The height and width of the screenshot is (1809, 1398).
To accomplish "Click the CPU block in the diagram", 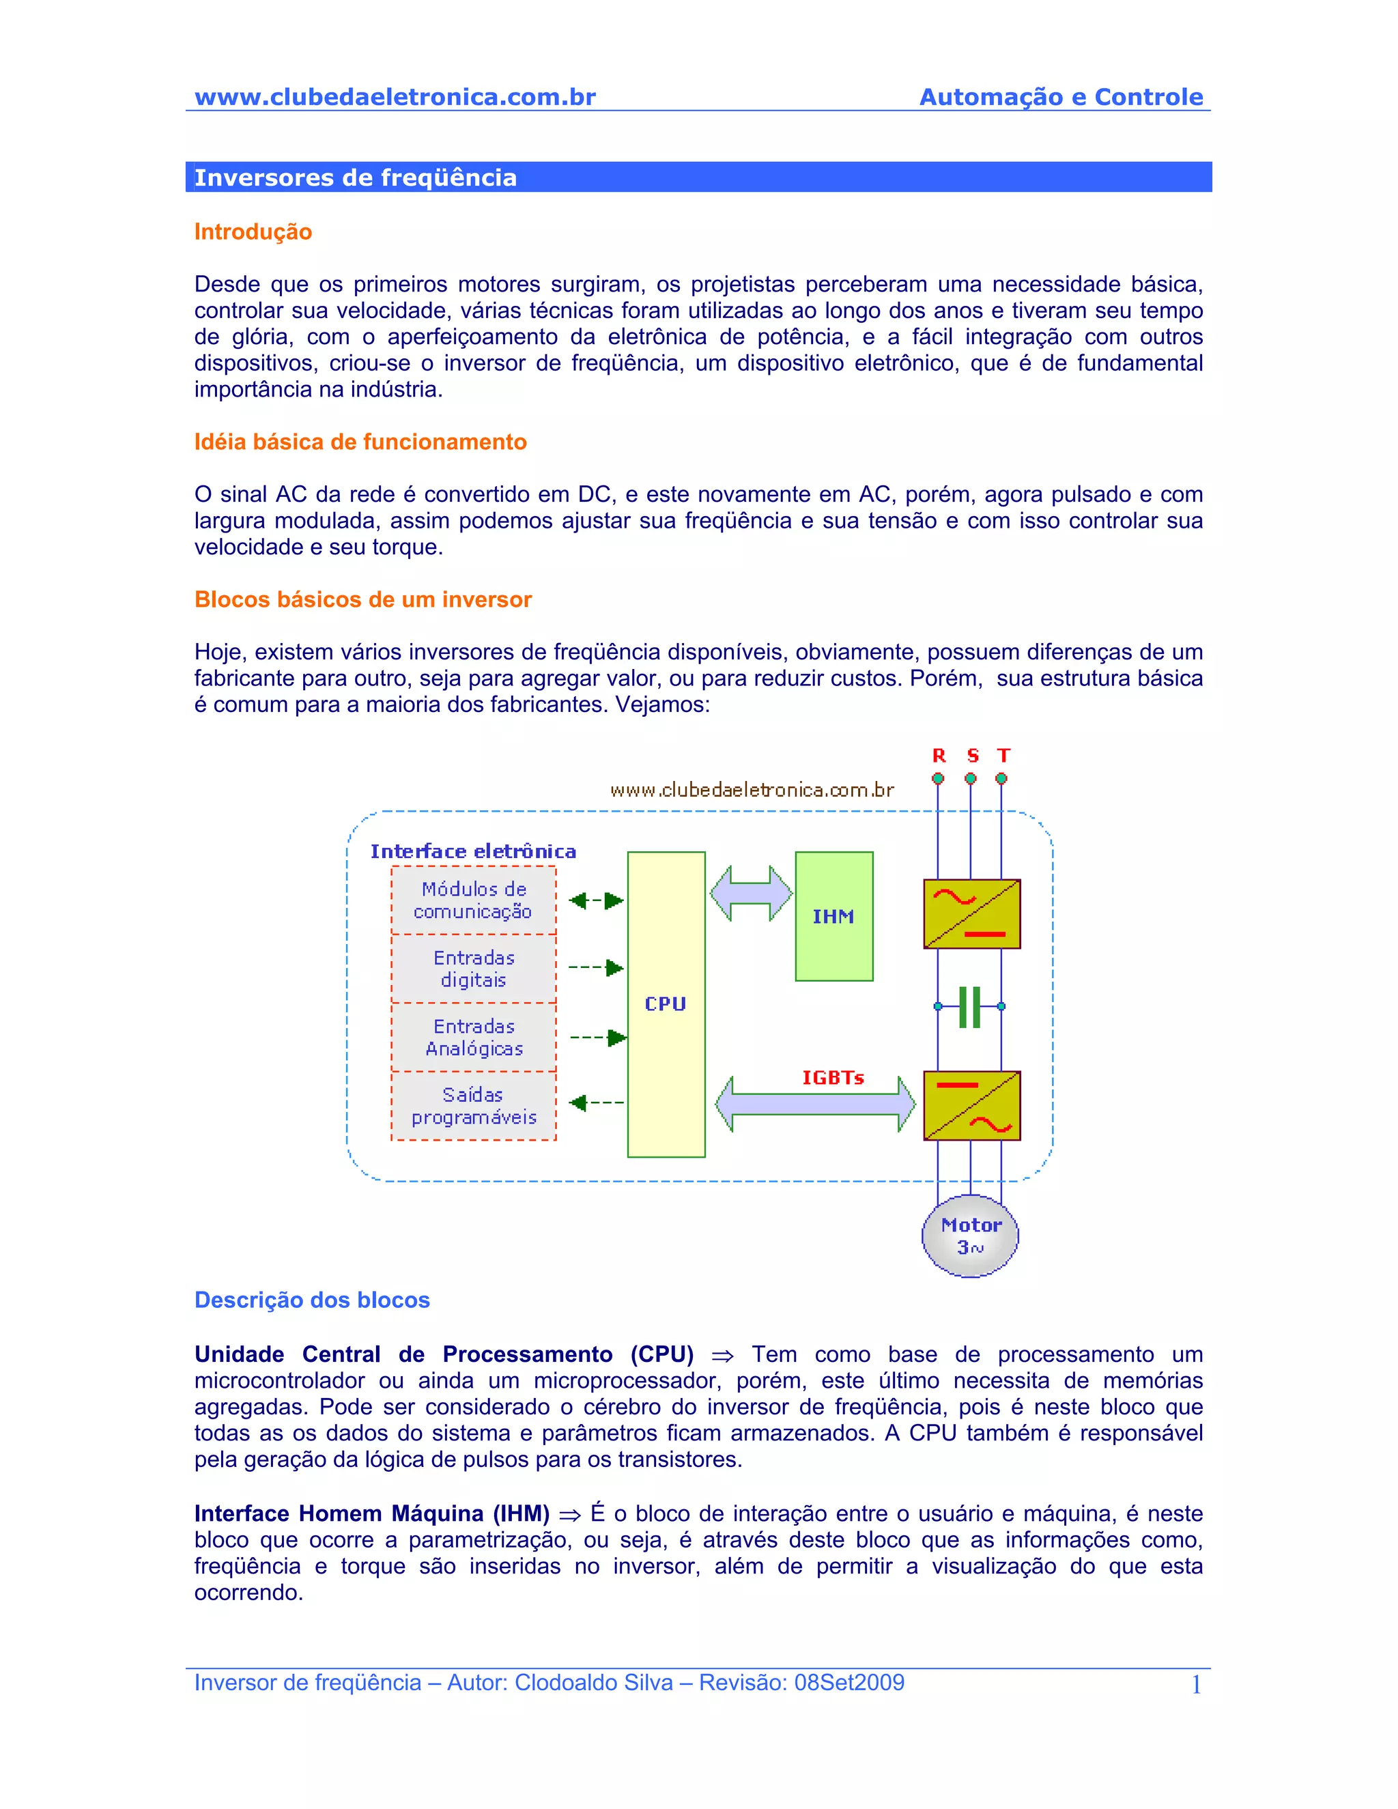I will click(666, 1004).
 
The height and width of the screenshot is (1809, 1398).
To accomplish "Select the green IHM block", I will click(833, 916).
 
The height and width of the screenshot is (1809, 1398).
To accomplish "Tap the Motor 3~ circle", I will click(970, 1236).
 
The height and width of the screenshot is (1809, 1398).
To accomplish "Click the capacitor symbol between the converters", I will click(970, 1006).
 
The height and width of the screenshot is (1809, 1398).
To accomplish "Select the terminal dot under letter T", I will click(1001, 779).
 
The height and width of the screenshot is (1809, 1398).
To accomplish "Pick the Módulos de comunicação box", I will click(474, 900).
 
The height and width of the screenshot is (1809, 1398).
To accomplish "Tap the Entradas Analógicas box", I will click(474, 1037).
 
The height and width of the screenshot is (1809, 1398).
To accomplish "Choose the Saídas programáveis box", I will click(474, 1106).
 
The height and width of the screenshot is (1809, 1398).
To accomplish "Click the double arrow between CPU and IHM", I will click(751, 893).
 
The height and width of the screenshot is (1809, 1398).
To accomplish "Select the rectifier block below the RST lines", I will click(971, 913).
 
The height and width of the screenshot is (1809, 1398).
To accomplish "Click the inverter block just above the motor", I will click(971, 1106).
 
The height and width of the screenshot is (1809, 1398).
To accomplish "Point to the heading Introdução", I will click(253, 232).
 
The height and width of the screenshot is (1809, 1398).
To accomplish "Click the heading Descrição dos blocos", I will click(312, 1300).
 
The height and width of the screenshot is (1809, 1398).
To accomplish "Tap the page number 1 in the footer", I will click(1196, 1685).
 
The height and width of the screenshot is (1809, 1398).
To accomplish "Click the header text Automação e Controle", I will click(1061, 97).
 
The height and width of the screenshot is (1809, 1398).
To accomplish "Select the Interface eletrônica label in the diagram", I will click(473, 851).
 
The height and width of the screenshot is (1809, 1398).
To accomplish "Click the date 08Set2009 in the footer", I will click(849, 1682).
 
